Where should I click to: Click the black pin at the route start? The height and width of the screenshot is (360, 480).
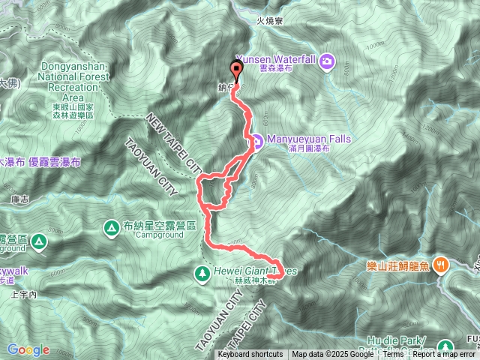(238, 70)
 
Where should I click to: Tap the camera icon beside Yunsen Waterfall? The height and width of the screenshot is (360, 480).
(327, 60)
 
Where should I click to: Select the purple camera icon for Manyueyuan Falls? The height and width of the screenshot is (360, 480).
(256, 139)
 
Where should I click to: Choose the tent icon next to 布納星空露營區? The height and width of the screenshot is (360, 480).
(111, 226)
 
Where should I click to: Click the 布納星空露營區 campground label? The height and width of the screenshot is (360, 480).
(159, 226)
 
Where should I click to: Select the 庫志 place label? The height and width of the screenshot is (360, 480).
(21, 199)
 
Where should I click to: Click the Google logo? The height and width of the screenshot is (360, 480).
(28, 349)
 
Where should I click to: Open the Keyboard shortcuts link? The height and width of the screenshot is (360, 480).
(250, 355)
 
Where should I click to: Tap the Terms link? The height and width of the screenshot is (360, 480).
(393, 355)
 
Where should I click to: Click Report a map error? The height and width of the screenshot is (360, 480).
(445, 355)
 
